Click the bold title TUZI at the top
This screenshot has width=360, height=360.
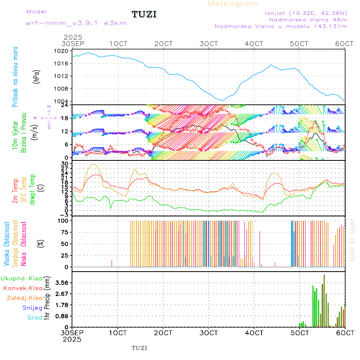point(144,15)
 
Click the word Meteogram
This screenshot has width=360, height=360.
point(233,4)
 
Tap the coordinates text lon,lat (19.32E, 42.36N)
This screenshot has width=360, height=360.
point(306,13)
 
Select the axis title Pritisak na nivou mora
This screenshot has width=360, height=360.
point(15,76)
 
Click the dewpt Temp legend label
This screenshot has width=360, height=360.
point(32,189)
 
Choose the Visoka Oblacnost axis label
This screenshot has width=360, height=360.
point(7,244)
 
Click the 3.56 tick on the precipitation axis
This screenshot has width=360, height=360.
point(62,282)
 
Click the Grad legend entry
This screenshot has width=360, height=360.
point(35,318)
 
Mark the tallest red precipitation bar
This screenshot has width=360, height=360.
point(324,300)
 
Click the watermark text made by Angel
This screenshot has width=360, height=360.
point(352,240)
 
